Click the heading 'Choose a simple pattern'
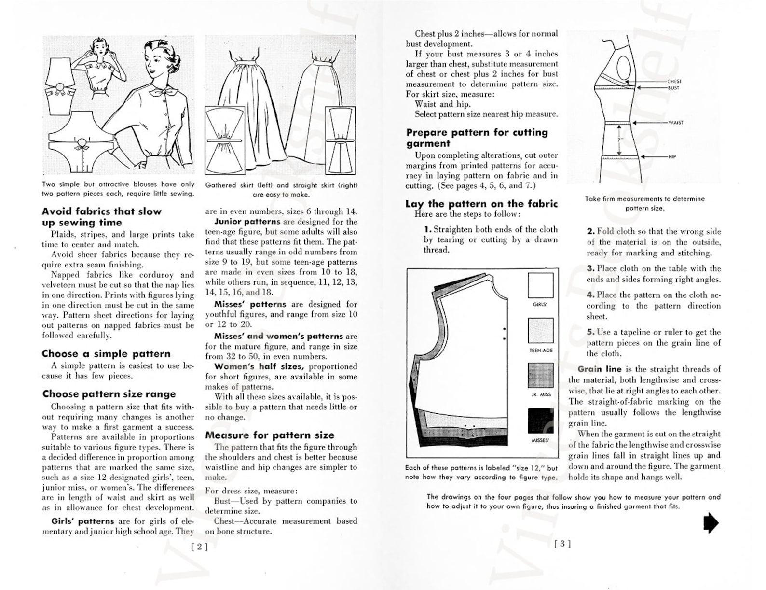(x=106, y=354)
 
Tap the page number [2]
(x=199, y=547)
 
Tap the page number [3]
(x=562, y=544)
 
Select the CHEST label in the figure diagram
(x=674, y=82)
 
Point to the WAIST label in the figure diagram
(x=675, y=123)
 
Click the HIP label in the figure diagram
(x=672, y=157)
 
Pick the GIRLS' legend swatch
(x=540, y=285)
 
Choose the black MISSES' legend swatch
(x=540, y=421)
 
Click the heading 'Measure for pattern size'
(x=270, y=435)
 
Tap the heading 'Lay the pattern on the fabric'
(x=481, y=204)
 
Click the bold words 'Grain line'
(x=599, y=369)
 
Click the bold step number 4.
(x=590, y=295)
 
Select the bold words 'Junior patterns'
(x=247, y=222)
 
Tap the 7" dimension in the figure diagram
(x=619, y=140)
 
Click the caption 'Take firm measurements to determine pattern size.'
(x=644, y=203)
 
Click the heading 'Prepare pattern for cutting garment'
(x=477, y=138)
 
